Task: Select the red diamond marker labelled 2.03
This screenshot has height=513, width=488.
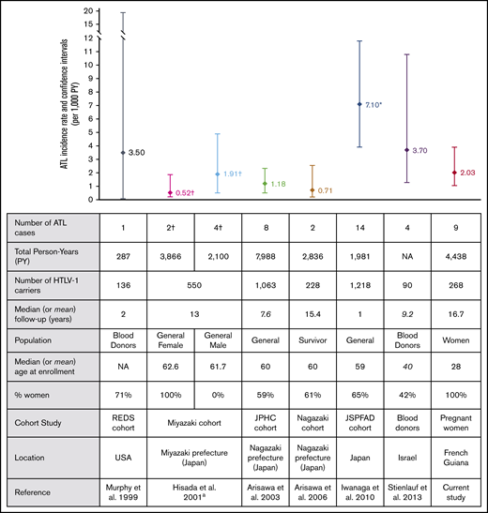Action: pyautogui.click(x=454, y=173)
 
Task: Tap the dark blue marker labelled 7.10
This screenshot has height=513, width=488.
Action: pyautogui.click(x=359, y=104)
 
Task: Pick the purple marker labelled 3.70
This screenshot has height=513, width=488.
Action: pyautogui.click(x=406, y=150)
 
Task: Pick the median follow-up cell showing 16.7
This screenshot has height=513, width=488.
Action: pyautogui.click(x=454, y=324)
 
